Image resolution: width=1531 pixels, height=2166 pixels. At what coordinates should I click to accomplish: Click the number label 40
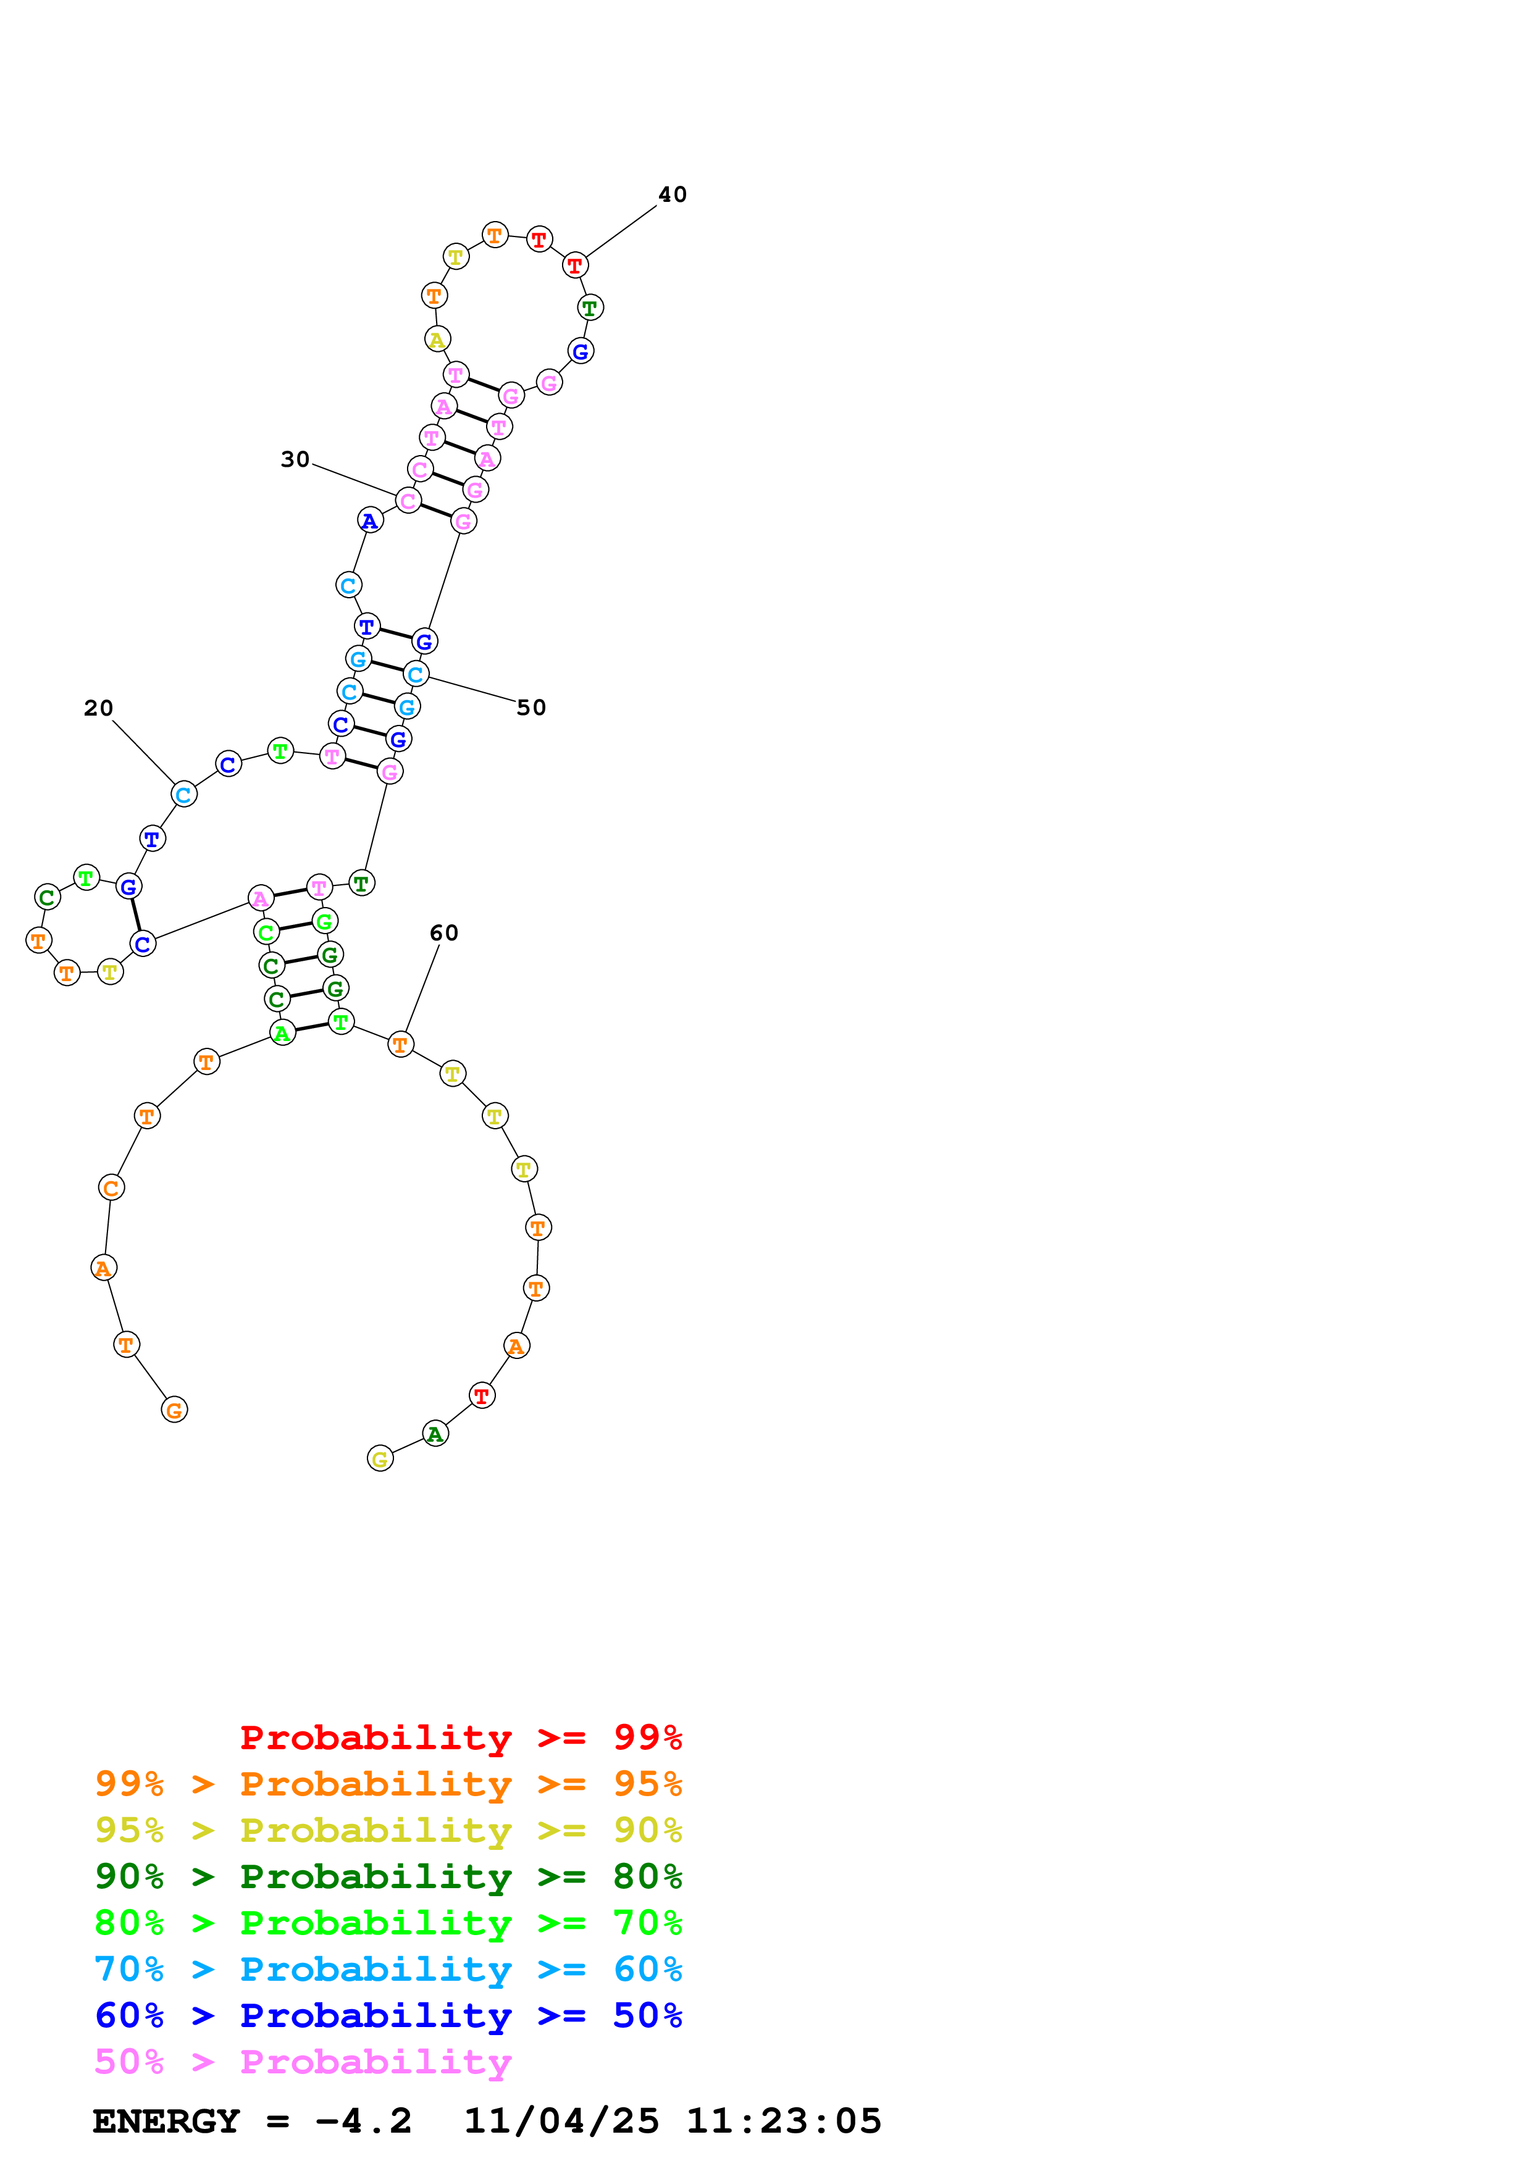[x=672, y=194]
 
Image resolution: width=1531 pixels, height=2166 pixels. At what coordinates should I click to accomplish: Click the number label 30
[x=295, y=459]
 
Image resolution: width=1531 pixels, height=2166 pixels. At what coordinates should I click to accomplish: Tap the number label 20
[x=98, y=708]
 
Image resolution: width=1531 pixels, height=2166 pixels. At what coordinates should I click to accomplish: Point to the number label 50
[x=531, y=708]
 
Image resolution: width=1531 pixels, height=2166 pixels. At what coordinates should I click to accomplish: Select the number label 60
[x=443, y=933]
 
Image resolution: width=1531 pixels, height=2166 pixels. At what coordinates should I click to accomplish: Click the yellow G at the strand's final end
[x=380, y=1458]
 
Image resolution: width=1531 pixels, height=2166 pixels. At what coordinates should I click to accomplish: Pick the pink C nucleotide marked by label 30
[x=408, y=501]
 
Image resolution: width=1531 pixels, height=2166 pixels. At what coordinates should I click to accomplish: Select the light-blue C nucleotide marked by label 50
[x=415, y=674]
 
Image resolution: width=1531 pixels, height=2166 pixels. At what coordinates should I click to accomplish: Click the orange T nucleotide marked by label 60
[x=400, y=1044]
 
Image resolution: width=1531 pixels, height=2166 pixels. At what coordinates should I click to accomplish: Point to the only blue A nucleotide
[x=370, y=520]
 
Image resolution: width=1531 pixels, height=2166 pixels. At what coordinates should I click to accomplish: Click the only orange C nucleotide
[x=111, y=1188]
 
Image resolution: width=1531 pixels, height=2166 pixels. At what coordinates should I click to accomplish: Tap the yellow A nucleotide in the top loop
[x=437, y=340]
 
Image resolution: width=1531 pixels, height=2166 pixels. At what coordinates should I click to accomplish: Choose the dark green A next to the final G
[x=435, y=1434]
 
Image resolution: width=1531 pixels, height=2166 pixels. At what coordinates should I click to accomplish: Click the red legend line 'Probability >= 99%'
[x=460, y=1737]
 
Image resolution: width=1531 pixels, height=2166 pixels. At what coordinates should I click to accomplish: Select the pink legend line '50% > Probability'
[x=303, y=2062]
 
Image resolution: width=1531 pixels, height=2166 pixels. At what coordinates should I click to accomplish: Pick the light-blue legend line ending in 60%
[x=388, y=1970]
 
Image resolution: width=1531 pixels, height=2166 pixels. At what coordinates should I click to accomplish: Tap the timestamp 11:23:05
[x=783, y=2122]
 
